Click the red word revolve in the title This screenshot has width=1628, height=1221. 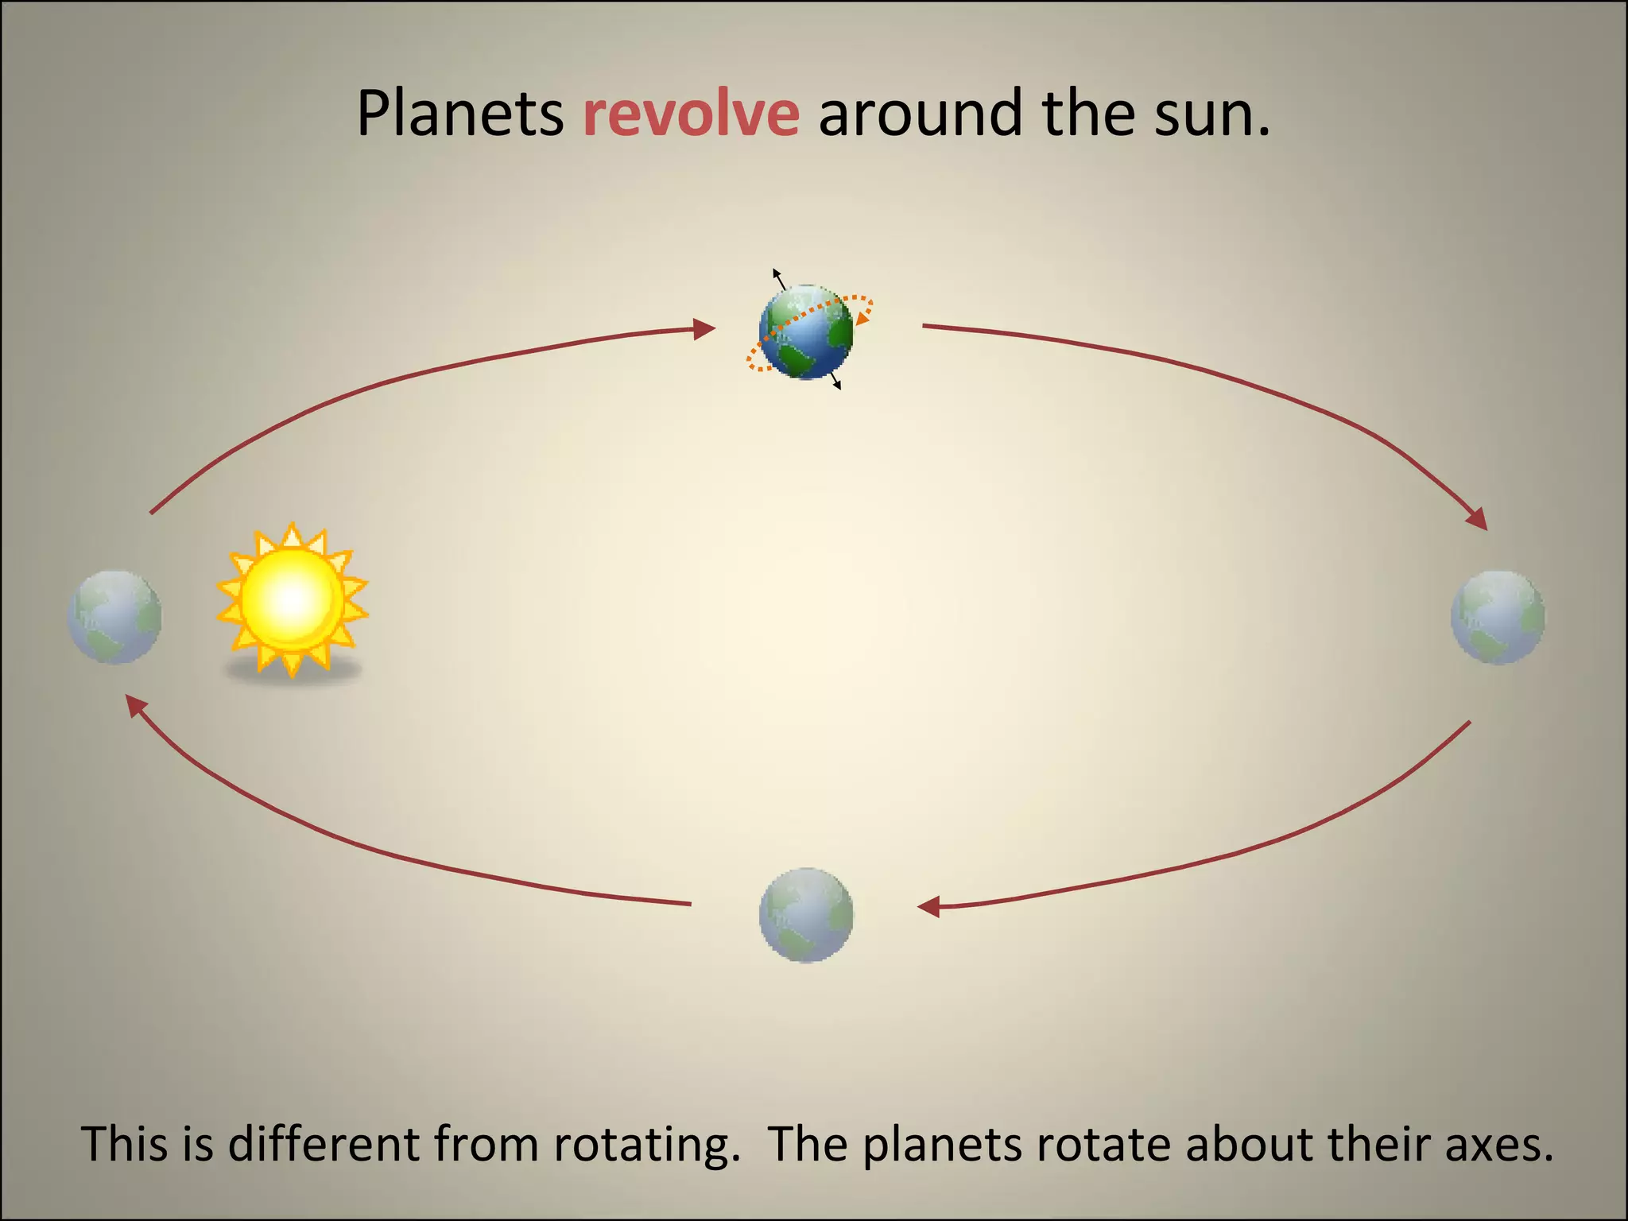tap(691, 114)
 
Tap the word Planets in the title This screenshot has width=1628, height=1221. tap(459, 114)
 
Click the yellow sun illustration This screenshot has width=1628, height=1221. tap(292, 600)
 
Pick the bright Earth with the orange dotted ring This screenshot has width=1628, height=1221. tap(806, 331)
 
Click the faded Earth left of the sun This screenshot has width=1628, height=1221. tap(115, 617)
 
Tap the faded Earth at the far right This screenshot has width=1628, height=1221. tap(1498, 618)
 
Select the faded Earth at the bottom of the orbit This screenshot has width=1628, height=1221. tap(806, 915)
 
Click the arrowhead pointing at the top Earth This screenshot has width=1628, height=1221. tap(704, 328)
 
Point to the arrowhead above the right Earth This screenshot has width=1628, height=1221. tap(1477, 520)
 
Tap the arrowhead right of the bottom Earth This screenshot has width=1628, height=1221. tap(928, 906)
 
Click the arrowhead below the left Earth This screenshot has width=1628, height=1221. tap(137, 704)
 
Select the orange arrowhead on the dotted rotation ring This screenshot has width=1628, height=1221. tap(862, 317)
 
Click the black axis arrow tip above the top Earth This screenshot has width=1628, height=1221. tap(776, 273)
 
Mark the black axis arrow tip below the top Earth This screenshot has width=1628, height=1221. tap(838, 386)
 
